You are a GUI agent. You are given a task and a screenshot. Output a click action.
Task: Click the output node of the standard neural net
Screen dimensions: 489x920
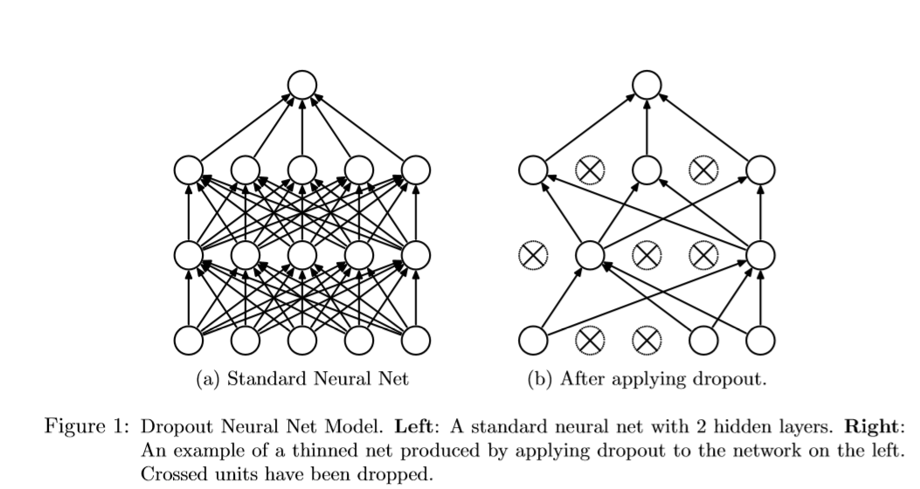pyautogui.click(x=301, y=85)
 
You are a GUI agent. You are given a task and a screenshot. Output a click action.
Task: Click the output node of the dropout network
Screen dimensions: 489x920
pyautogui.click(x=647, y=85)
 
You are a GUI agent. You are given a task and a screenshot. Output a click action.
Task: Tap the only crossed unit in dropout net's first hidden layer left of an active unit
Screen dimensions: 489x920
pyautogui.click(x=532, y=255)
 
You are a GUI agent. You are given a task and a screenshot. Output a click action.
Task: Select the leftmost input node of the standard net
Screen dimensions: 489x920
pyautogui.click(x=188, y=341)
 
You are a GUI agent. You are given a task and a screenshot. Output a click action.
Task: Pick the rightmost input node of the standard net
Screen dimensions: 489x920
pyautogui.click(x=415, y=341)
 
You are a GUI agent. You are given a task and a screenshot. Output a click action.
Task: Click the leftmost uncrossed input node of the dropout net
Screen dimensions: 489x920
pyautogui.click(x=532, y=341)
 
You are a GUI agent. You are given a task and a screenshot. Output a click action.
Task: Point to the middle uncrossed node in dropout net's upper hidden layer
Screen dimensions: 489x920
pyautogui.click(x=647, y=169)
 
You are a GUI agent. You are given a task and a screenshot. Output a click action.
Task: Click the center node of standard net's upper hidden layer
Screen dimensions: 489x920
pyautogui.click(x=301, y=169)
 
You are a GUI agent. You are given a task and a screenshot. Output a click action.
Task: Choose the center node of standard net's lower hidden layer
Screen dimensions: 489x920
pyautogui.click(x=301, y=255)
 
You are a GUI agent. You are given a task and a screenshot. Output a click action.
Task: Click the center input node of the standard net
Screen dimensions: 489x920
pyautogui.click(x=301, y=341)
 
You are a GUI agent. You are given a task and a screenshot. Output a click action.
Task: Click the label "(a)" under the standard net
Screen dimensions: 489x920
pyautogui.click(x=210, y=380)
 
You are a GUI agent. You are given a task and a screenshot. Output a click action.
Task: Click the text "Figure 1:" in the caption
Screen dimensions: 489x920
pyautogui.click(x=87, y=429)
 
